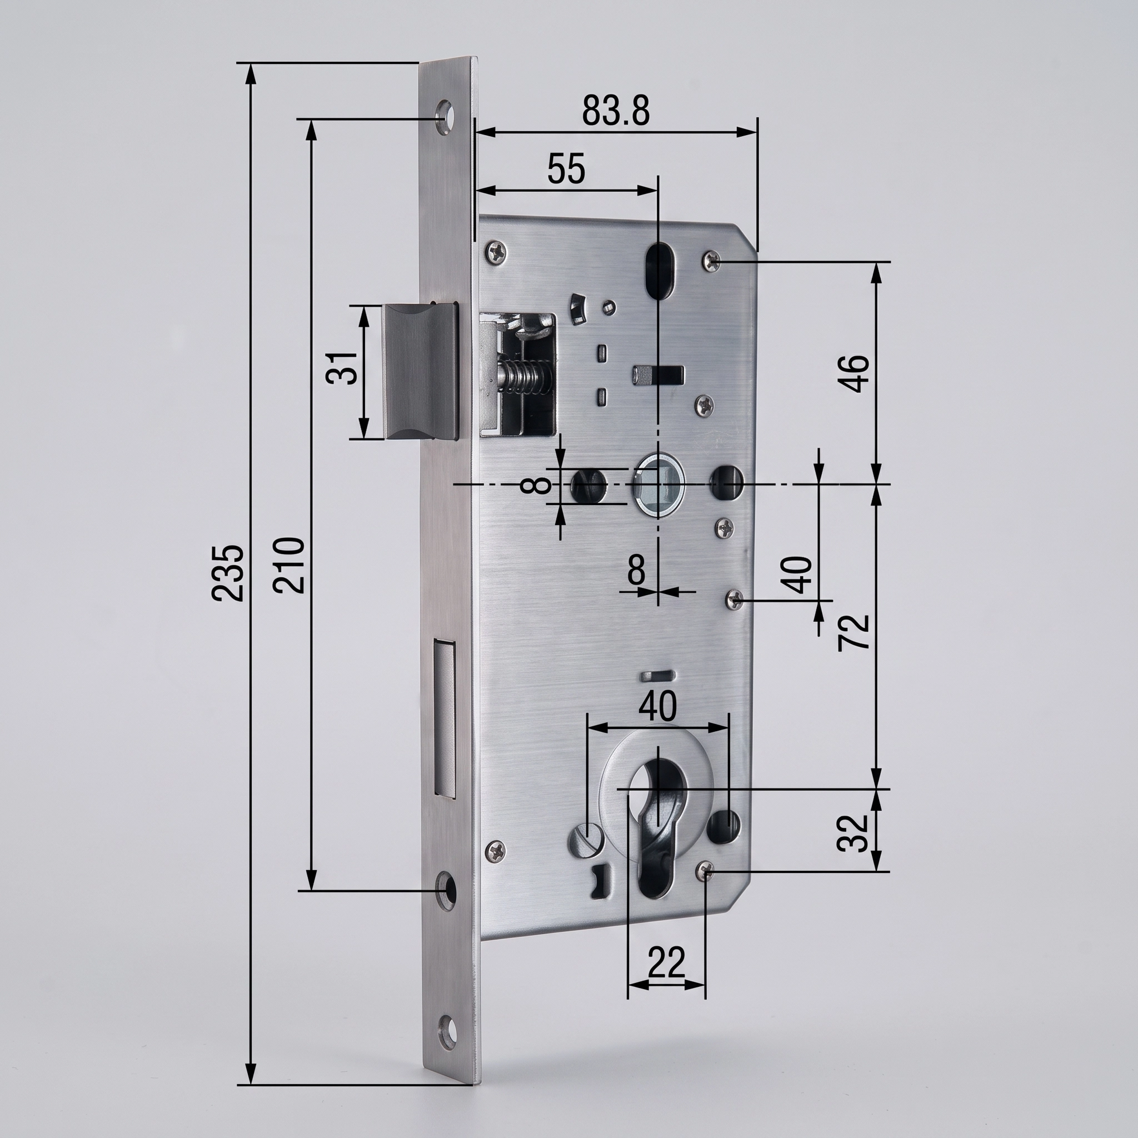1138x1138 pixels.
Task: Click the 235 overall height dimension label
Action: tap(228, 572)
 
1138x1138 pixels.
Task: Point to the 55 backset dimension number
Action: tap(566, 169)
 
